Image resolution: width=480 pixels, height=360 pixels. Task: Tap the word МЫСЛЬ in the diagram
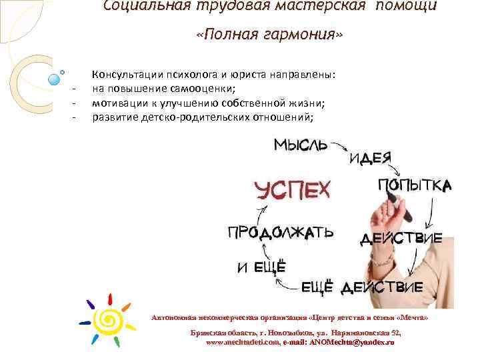point(300,144)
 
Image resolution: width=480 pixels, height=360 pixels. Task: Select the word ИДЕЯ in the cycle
point(370,157)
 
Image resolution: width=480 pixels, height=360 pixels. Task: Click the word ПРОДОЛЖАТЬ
point(281,233)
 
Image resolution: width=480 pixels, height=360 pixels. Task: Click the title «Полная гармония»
point(269,34)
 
